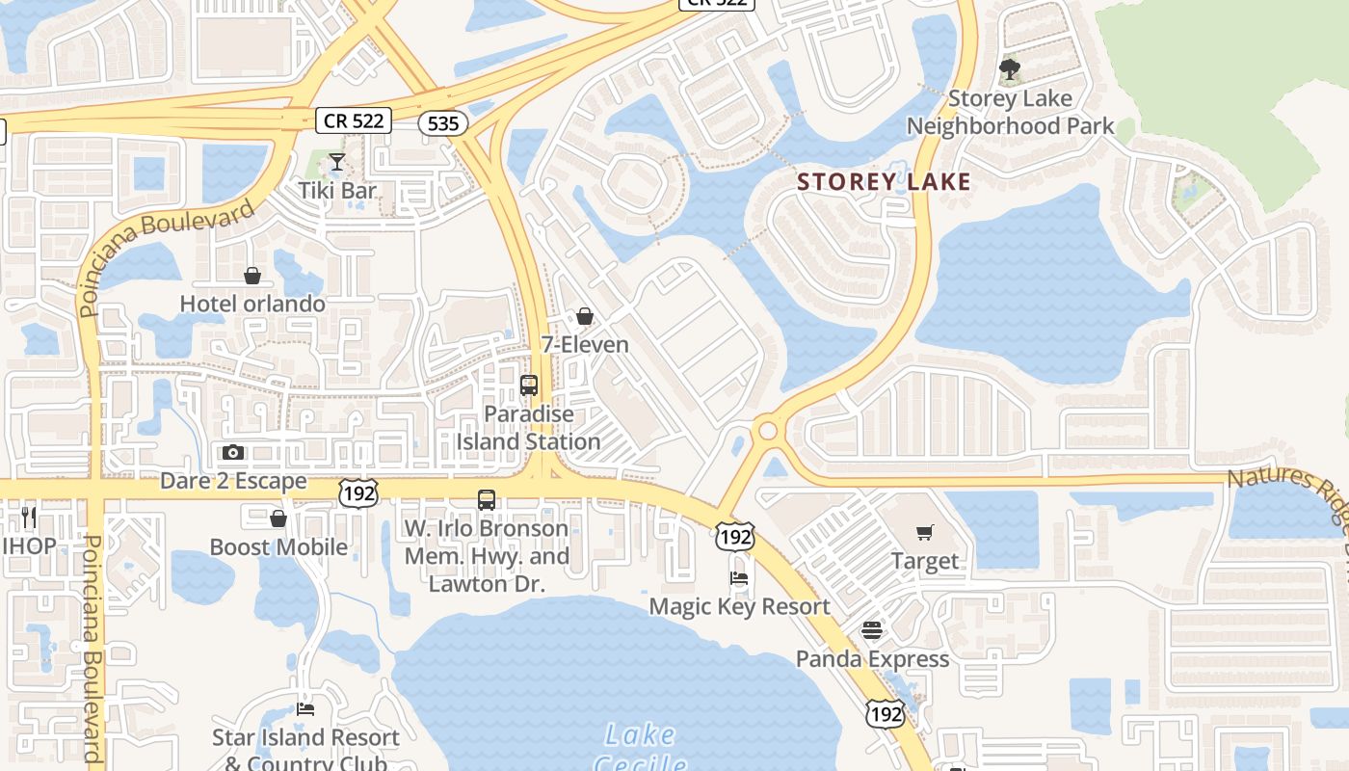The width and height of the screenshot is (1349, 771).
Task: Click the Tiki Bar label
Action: click(x=337, y=190)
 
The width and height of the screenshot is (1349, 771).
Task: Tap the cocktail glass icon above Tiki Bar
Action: click(x=337, y=162)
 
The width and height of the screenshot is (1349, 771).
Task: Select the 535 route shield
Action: click(x=443, y=123)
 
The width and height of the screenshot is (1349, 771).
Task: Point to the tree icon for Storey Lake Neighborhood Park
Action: click(x=1010, y=69)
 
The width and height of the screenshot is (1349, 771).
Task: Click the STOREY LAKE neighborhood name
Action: click(x=884, y=181)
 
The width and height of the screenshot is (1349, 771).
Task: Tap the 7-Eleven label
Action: click(x=585, y=344)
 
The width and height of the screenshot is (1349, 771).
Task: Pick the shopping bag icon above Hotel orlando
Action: click(x=252, y=277)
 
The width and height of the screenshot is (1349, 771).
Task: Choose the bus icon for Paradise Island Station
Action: click(x=529, y=385)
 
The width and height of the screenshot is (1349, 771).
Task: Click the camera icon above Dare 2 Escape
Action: click(x=233, y=452)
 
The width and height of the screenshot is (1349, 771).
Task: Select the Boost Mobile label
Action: click(x=278, y=546)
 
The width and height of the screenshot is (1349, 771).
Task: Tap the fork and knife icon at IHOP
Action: click(x=28, y=518)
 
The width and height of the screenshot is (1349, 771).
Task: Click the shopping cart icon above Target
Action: click(x=925, y=532)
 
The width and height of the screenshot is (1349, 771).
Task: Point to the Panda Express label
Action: click(x=872, y=659)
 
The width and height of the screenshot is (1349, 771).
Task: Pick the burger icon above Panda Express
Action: click(x=872, y=631)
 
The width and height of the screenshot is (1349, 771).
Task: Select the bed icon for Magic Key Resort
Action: click(x=739, y=578)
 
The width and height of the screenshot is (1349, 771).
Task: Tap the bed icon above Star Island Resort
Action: click(x=305, y=709)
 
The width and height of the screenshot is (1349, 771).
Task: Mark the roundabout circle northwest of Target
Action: click(x=768, y=430)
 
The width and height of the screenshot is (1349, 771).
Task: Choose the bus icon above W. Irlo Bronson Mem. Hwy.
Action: click(x=487, y=500)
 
